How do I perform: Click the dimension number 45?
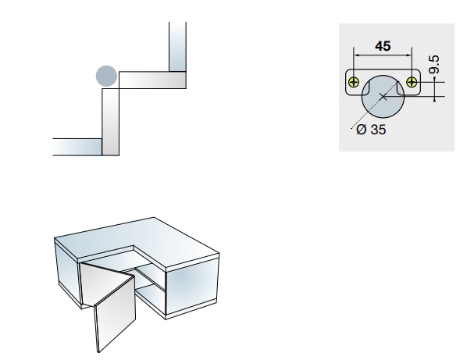(383, 46)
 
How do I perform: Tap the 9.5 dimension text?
(434, 64)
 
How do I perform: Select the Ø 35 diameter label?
(371, 130)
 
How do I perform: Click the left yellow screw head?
(354, 82)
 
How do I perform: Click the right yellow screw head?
(412, 82)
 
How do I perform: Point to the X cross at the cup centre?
(383, 97)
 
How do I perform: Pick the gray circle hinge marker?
(106, 76)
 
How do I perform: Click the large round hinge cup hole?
(383, 97)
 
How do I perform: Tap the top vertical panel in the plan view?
(177, 46)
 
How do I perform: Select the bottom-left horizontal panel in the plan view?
(77, 147)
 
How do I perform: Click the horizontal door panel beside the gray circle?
(152, 80)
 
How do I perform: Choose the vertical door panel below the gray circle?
(110, 122)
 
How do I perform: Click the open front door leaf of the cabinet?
(115, 314)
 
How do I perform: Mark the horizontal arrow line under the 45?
(383, 55)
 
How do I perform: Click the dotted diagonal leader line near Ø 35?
(375, 105)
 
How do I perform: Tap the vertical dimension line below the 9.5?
(435, 89)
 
